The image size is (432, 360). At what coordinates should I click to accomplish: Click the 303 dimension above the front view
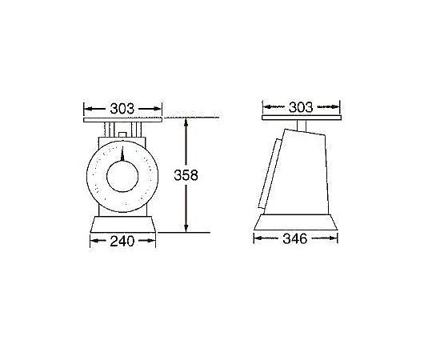click(122, 107)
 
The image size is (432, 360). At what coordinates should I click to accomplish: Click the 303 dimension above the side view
click(301, 106)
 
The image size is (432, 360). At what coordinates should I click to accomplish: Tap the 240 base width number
click(122, 238)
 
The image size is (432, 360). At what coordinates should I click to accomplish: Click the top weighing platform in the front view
click(122, 120)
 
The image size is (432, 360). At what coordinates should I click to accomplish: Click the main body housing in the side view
click(304, 172)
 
